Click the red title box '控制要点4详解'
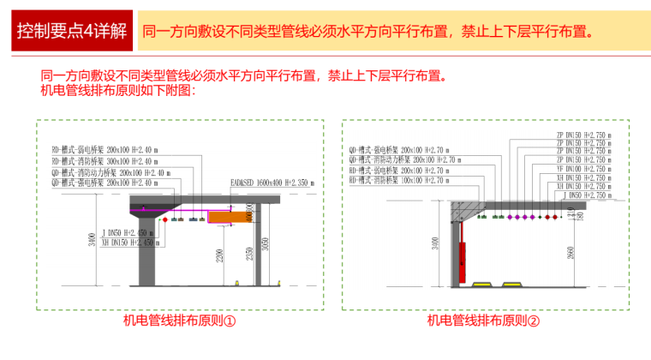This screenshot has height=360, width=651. click(x=72, y=31)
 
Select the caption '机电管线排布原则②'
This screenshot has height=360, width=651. click(x=484, y=322)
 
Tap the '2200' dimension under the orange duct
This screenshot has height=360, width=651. click(x=221, y=255)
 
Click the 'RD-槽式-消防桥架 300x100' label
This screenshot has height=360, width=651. click(x=104, y=160)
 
